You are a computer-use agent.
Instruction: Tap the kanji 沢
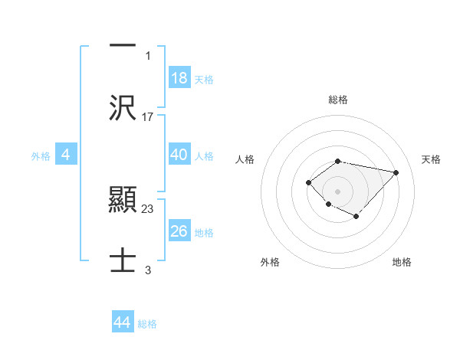pos(123,108)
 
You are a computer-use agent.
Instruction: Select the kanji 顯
pos(123,201)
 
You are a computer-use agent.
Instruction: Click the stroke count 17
pos(148,117)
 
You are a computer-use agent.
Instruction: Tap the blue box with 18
pos(179,77)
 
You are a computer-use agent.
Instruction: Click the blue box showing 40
pos(179,154)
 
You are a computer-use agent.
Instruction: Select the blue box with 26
pos(179,231)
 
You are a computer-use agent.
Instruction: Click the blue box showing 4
pos(66,154)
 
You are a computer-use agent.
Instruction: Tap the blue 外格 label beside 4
pos(41,155)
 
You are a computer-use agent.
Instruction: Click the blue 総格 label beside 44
pos(147,324)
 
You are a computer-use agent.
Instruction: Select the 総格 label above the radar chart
pos(338,100)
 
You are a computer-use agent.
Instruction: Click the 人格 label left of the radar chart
pos(245,159)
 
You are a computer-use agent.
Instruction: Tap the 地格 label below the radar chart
pos(402,262)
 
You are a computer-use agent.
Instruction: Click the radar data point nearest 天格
pos(396,172)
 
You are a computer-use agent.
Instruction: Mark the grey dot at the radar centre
pos(338,191)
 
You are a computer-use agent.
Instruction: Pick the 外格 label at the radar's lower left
pos(270,262)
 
